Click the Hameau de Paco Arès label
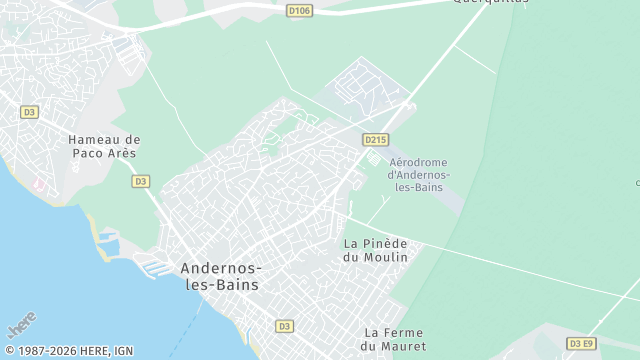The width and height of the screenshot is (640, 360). tap(103, 147)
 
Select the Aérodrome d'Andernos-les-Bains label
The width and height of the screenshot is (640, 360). tap(418, 175)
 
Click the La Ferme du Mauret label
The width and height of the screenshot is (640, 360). tap(393, 339)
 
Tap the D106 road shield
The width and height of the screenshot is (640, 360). tap(298, 11)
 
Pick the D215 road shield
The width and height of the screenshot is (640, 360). tap(376, 141)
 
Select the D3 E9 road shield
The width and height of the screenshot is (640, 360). tap(581, 343)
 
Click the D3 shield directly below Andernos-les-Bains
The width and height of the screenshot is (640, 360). tap(284, 326)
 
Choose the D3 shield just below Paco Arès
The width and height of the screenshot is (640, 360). tap(140, 181)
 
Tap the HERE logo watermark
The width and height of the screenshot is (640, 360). tap(22, 327)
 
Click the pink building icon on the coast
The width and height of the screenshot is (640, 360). tap(38, 187)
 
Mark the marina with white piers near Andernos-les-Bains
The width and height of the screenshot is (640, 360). tap(150, 268)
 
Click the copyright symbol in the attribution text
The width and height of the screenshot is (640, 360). tap(8, 351)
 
